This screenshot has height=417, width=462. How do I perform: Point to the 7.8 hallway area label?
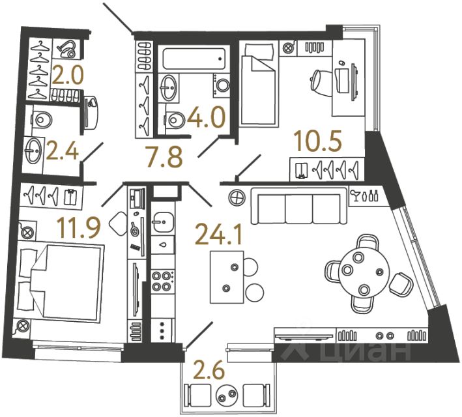pos(163,156)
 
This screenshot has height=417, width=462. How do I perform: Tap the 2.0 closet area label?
pos(68,76)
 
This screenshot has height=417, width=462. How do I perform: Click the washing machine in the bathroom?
pos(222,85)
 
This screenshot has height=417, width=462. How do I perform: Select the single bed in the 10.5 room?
pos(259,85)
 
